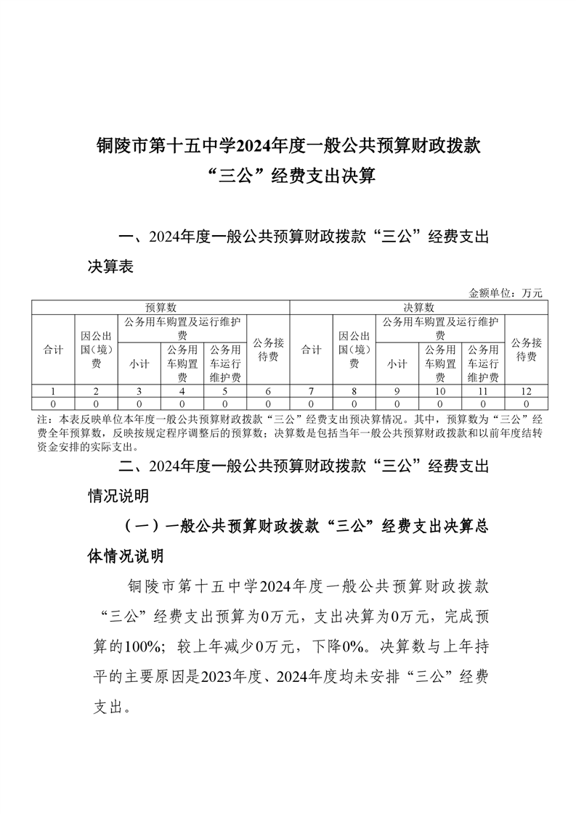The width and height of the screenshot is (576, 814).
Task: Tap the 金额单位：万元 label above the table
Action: (506, 293)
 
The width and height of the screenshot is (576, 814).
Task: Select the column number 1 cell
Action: (53, 391)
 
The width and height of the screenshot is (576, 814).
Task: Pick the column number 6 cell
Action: (268, 391)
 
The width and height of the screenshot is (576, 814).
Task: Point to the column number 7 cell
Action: (312, 391)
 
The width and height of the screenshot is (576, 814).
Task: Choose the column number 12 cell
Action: (526, 391)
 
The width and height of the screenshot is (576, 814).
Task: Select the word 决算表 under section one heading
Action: (110, 267)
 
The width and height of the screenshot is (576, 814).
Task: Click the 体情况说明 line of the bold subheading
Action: (126, 556)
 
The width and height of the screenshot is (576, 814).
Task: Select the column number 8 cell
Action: (354, 391)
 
